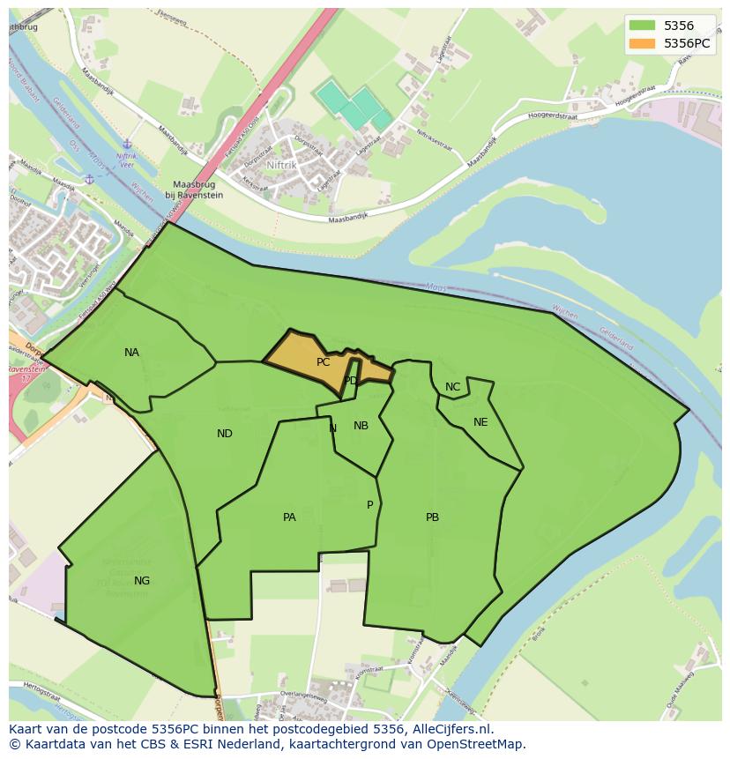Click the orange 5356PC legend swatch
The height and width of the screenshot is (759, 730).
point(642,43)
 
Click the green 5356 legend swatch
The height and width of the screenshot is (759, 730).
point(642,26)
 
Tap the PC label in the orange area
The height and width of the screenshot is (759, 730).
point(323,362)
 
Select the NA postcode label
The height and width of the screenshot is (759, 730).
point(131,353)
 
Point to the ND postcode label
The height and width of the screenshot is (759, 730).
point(225,434)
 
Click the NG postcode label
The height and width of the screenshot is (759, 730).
point(142,581)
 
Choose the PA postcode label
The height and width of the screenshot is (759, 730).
point(289,517)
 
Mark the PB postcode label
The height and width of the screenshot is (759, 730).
point(432,517)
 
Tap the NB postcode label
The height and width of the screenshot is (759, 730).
point(361,426)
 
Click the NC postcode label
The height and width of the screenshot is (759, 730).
point(452,387)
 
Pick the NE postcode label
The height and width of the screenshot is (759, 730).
point(480,422)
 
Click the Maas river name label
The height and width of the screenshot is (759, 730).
point(436,286)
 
